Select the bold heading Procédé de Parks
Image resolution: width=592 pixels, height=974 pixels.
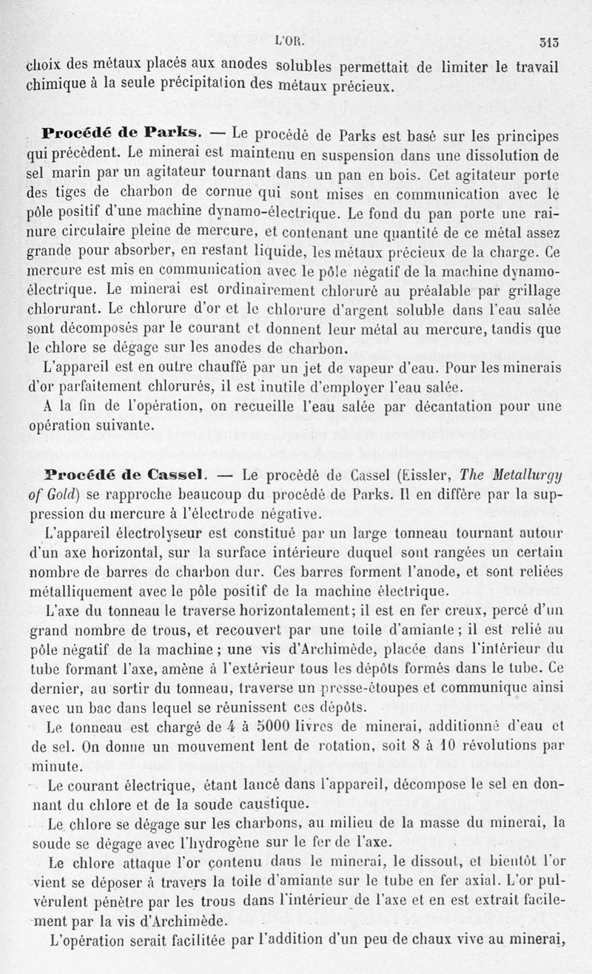point(121,134)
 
